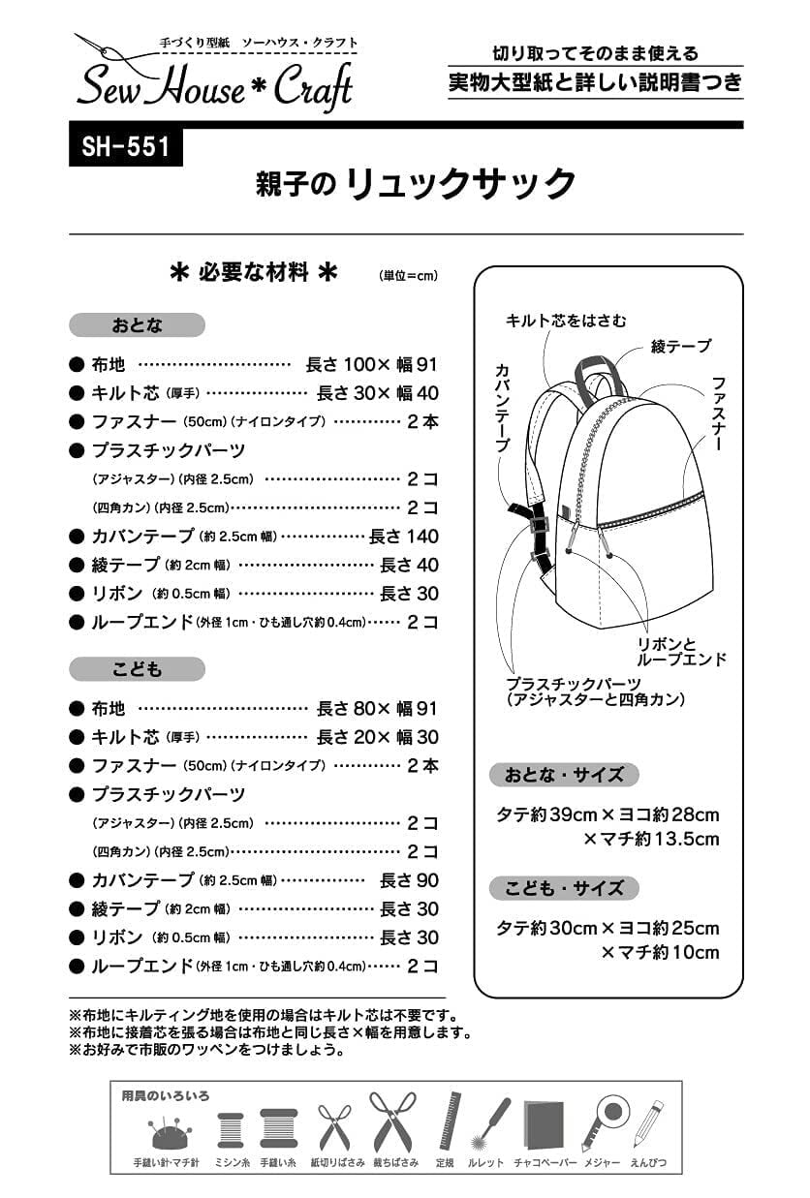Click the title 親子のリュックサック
coord(416,183)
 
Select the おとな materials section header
coord(137,324)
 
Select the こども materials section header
coord(137,669)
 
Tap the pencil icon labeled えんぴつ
coord(648,1123)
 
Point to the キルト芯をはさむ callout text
coord(567,321)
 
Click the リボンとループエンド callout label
coord(681,652)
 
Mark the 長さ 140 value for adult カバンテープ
coord(404,537)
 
